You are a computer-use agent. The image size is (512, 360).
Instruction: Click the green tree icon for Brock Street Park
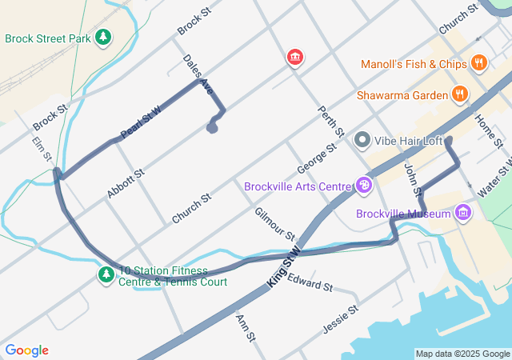103,38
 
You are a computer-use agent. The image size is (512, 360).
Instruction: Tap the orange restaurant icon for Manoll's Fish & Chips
478,63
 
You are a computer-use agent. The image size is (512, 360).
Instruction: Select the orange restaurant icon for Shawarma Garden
459,94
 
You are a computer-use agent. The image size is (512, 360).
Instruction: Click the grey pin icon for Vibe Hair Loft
362,141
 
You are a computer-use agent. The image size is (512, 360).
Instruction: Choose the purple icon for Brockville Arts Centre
364,186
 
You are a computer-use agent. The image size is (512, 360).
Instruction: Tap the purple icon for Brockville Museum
462,213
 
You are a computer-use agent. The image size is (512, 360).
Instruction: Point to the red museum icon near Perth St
295,57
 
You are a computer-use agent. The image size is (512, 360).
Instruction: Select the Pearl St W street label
140,122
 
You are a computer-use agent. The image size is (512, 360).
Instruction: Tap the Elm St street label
42,149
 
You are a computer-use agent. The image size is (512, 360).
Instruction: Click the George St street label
317,159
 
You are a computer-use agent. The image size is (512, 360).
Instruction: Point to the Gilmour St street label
274,224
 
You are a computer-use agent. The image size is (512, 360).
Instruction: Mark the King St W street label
283,268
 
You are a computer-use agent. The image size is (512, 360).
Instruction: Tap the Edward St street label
310,284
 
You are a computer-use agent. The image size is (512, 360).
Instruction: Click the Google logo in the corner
26,350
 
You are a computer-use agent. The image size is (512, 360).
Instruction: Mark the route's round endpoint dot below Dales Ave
212,127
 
